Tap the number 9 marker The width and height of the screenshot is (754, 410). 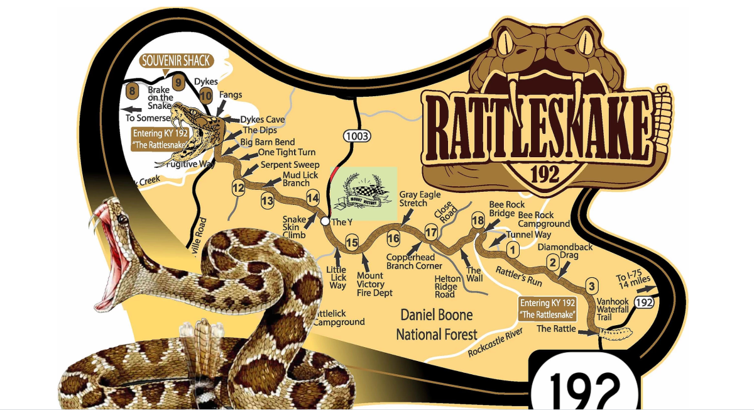tap(178, 81)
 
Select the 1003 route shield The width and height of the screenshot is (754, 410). tap(356, 136)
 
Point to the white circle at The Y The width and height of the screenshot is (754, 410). tap(324, 221)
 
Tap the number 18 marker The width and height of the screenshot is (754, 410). tap(478, 220)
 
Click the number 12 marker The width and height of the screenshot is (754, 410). tap(238, 187)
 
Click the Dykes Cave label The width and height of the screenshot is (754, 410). tap(263, 119)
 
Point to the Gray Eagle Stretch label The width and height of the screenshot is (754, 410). tap(420, 199)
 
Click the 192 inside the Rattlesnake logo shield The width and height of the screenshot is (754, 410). tap(545, 174)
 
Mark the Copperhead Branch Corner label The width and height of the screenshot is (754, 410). tap(414, 262)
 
